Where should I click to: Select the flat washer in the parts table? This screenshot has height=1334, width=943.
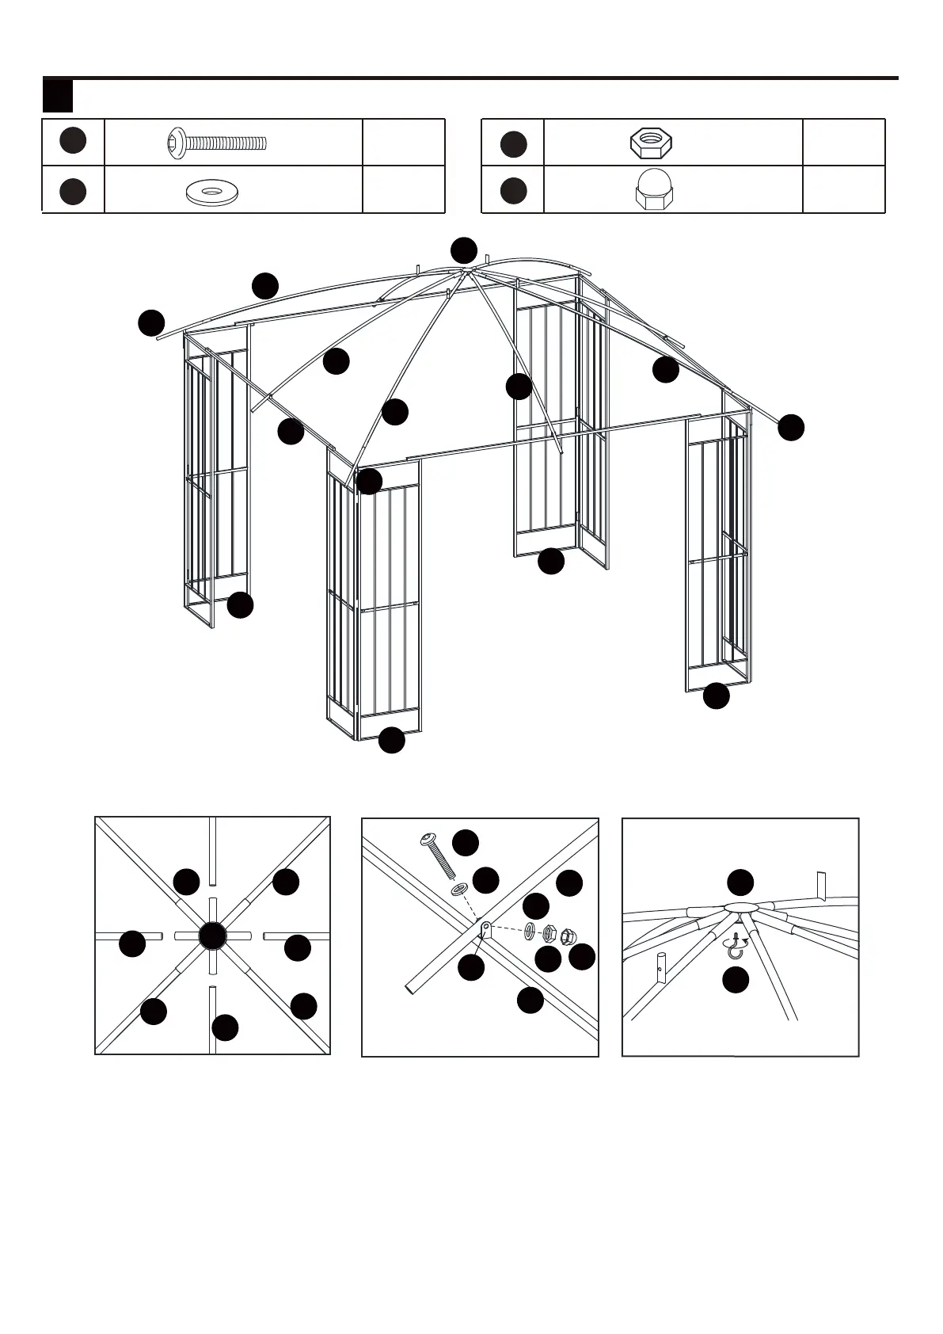click(x=212, y=191)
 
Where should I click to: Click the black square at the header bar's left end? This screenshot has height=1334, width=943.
click(x=58, y=96)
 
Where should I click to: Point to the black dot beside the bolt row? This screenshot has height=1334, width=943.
click(x=73, y=140)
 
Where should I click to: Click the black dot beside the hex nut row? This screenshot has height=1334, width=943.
click(x=514, y=143)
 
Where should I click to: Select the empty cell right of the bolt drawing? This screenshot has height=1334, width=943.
click(x=403, y=143)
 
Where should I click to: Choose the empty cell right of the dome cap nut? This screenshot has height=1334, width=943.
click(x=843, y=190)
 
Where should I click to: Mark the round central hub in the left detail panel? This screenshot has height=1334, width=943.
click(x=212, y=936)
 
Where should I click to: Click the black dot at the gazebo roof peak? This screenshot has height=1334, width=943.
click(x=464, y=250)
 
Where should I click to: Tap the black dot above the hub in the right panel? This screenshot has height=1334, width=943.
click(x=740, y=882)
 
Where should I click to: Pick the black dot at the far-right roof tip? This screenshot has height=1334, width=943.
click(x=791, y=427)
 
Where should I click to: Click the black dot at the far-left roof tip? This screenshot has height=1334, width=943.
click(x=151, y=323)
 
